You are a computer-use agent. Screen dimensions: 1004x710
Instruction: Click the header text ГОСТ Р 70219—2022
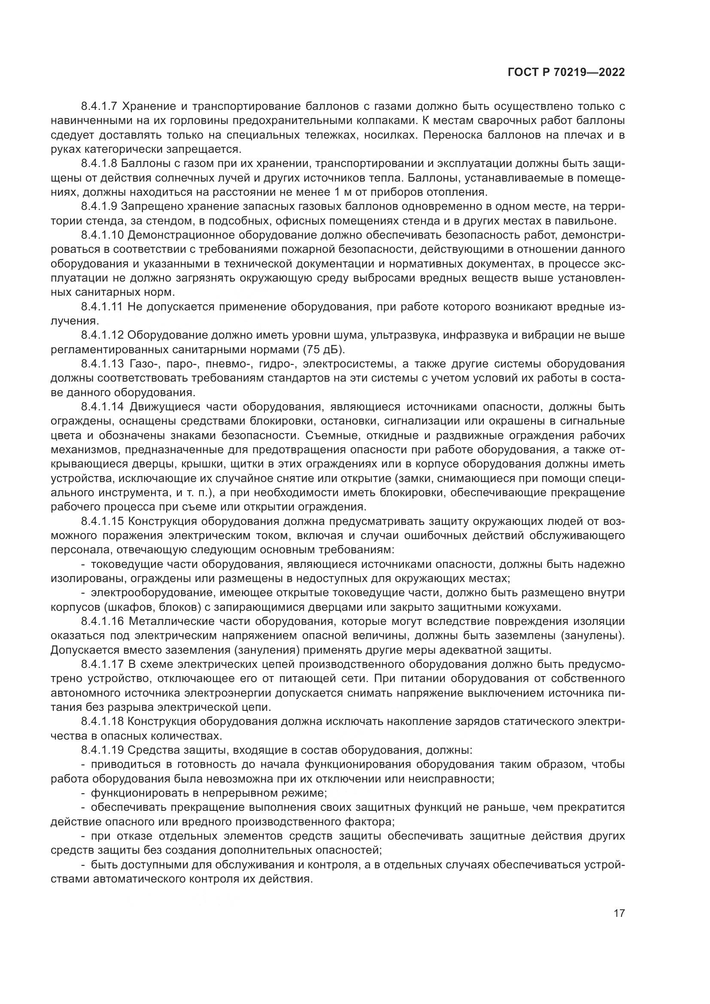pos(566,73)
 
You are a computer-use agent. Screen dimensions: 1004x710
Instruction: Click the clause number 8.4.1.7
pos(99,106)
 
